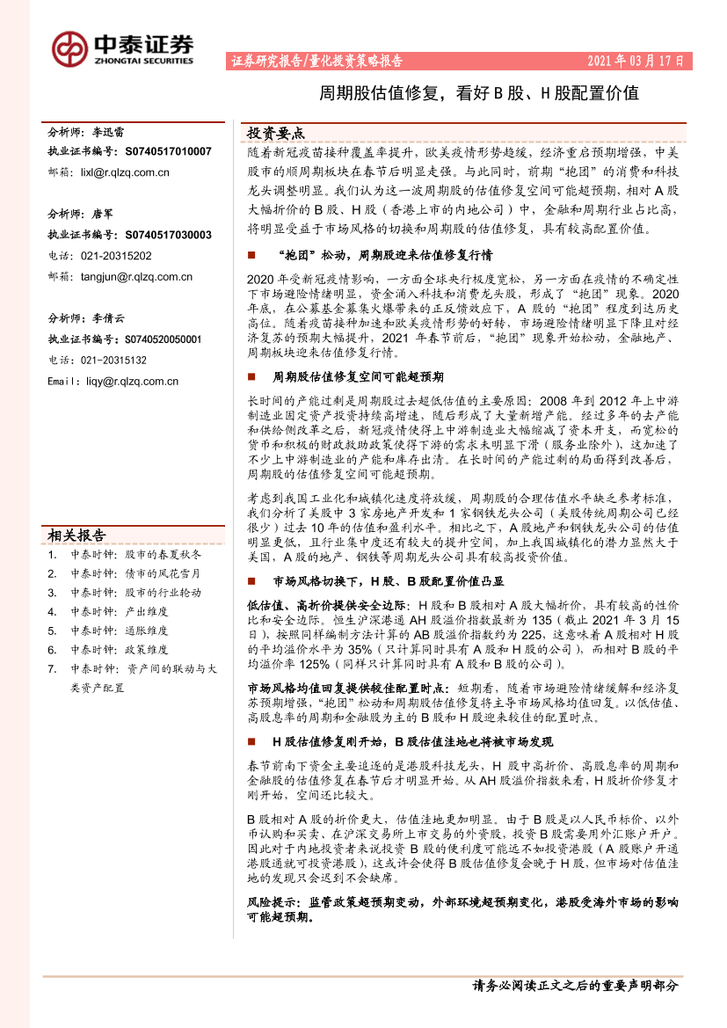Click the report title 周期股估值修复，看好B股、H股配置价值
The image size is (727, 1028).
[x=478, y=93]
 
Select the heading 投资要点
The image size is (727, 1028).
[x=276, y=134]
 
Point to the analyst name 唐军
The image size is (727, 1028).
[x=103, y=214]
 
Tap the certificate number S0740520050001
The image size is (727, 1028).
[x=157, y=339]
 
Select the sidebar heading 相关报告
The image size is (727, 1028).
[x=76, y=536]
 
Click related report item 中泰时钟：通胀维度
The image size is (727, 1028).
[x=120, y=631]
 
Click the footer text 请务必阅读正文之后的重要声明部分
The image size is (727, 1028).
[x=575, y=986]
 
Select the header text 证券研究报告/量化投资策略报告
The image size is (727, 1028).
[x=316, y=62]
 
